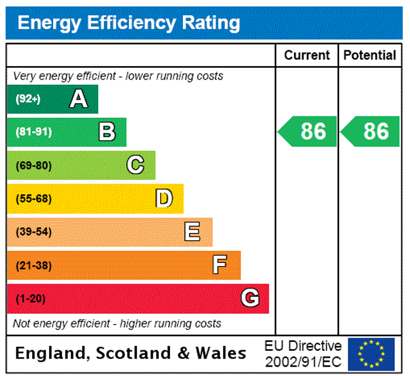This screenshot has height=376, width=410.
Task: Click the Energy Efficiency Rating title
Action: tap(129, 23)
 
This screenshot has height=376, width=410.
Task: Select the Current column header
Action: tap(307, 55)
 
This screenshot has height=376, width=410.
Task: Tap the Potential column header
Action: tap(370, 55)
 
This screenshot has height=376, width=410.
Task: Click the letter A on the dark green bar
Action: tap(78, 99)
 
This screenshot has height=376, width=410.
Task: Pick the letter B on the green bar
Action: tap(107, 132)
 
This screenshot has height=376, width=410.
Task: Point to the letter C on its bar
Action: tap(135, 165)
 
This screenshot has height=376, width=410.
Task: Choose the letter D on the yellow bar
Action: tap(164, 199)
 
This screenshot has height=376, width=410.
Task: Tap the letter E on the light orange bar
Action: tap(192, 232)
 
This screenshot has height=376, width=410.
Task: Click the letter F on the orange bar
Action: tap(220, 265)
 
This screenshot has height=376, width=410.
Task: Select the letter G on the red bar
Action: tap(250, 299)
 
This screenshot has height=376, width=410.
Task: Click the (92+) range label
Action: tap(28, 99)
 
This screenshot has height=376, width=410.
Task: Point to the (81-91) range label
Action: tap(33, 132)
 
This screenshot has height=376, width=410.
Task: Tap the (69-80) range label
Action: tap(33, 165)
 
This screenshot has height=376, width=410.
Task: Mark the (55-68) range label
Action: tap(33, 199)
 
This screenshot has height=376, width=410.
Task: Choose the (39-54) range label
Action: tap(33, 232)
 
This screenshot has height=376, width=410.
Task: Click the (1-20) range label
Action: tap(30, 299)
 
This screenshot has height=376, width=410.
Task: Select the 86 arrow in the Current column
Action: tap(308, 131)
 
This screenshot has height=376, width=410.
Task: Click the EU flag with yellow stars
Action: tap(371, 354)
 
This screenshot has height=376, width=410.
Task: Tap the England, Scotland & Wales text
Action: tap(131, 353)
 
